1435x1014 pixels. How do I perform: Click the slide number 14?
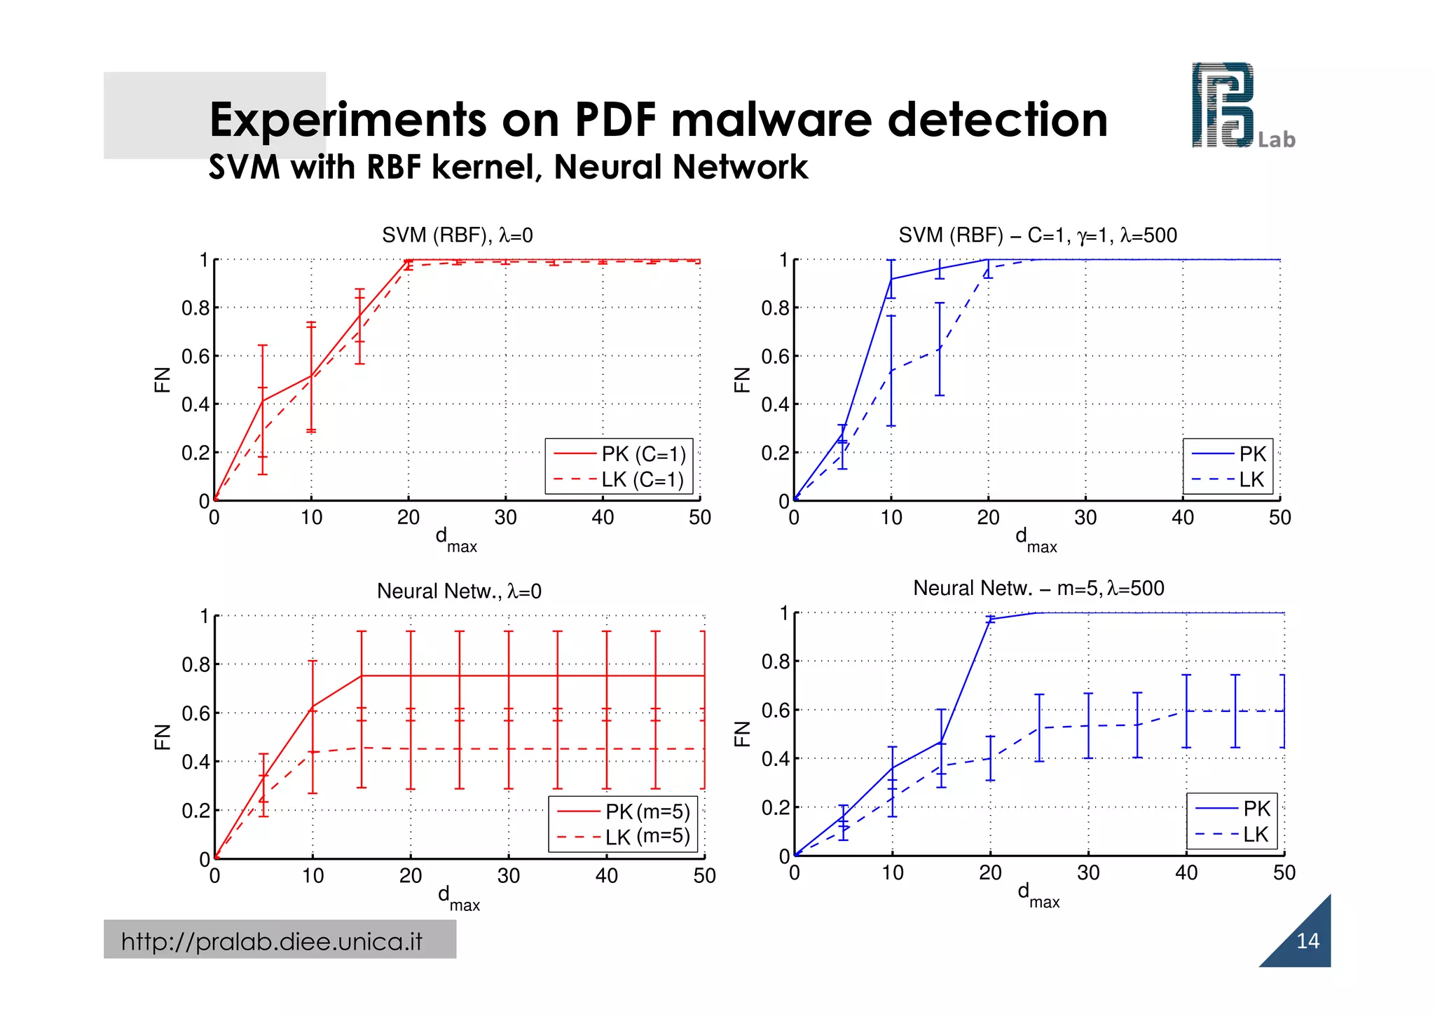(x=1307, y=940)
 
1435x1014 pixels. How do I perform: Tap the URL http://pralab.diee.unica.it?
(x=272, y=941)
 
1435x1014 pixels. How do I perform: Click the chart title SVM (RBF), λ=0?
(x=457, y=235)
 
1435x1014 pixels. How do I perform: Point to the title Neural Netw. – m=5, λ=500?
(x=1038, y=588)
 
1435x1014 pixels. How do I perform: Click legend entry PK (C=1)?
(x=643, y=454)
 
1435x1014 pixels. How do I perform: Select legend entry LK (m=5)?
(x=647, y=837)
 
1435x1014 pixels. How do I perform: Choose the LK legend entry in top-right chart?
(x=1251, y=480)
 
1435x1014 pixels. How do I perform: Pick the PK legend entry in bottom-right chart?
(x=1256, y=809)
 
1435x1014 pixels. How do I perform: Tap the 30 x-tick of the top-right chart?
(x=1085, y=518)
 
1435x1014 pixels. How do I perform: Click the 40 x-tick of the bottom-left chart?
(x=606, y=876)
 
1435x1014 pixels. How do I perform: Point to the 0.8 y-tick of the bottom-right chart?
(x=775, y=662)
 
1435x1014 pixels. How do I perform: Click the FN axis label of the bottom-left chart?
(x=162, y=736)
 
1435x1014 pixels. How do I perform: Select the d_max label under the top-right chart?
(x=1035, y=540)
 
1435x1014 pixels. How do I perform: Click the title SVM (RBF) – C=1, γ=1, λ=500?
(x=1037, y=235)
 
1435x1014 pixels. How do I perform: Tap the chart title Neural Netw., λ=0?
(x=459, y=591)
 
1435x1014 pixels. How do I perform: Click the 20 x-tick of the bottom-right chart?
(x=990, y=873)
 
